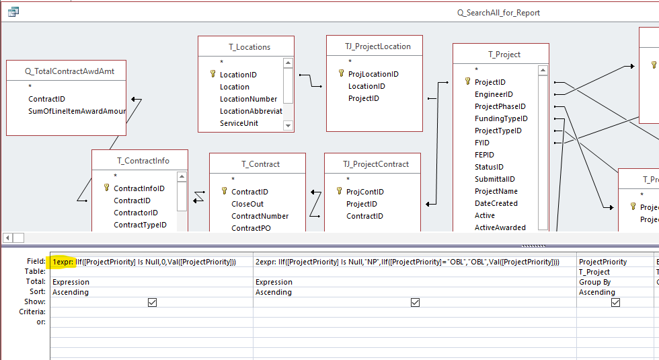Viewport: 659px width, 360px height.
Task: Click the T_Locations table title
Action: [245, 47]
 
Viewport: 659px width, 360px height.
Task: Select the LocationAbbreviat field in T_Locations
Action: [251, 111]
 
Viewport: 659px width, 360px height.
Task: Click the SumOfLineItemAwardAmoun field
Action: [77, 111]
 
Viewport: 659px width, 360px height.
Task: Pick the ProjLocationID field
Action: [373, 74]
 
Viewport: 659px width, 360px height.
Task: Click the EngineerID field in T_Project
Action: [494, 94]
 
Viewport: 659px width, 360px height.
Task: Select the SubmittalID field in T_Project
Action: [494, 179]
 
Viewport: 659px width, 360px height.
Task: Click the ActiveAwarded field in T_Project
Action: [500, 227]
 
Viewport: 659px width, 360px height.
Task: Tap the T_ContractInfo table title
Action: [139, 161]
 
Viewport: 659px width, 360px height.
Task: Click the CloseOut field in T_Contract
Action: [247, 204]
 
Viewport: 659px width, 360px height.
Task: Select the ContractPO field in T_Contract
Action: [250, 228]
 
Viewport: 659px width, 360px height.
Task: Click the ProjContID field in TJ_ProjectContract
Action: [364, 192]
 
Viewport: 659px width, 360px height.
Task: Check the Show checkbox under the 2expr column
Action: [414, 303]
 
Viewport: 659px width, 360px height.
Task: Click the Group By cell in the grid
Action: [594, 283]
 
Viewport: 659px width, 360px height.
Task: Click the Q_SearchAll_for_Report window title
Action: [498, 13]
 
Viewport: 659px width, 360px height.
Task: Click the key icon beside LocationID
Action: [212, 75]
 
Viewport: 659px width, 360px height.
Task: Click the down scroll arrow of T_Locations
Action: [288, 125]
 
